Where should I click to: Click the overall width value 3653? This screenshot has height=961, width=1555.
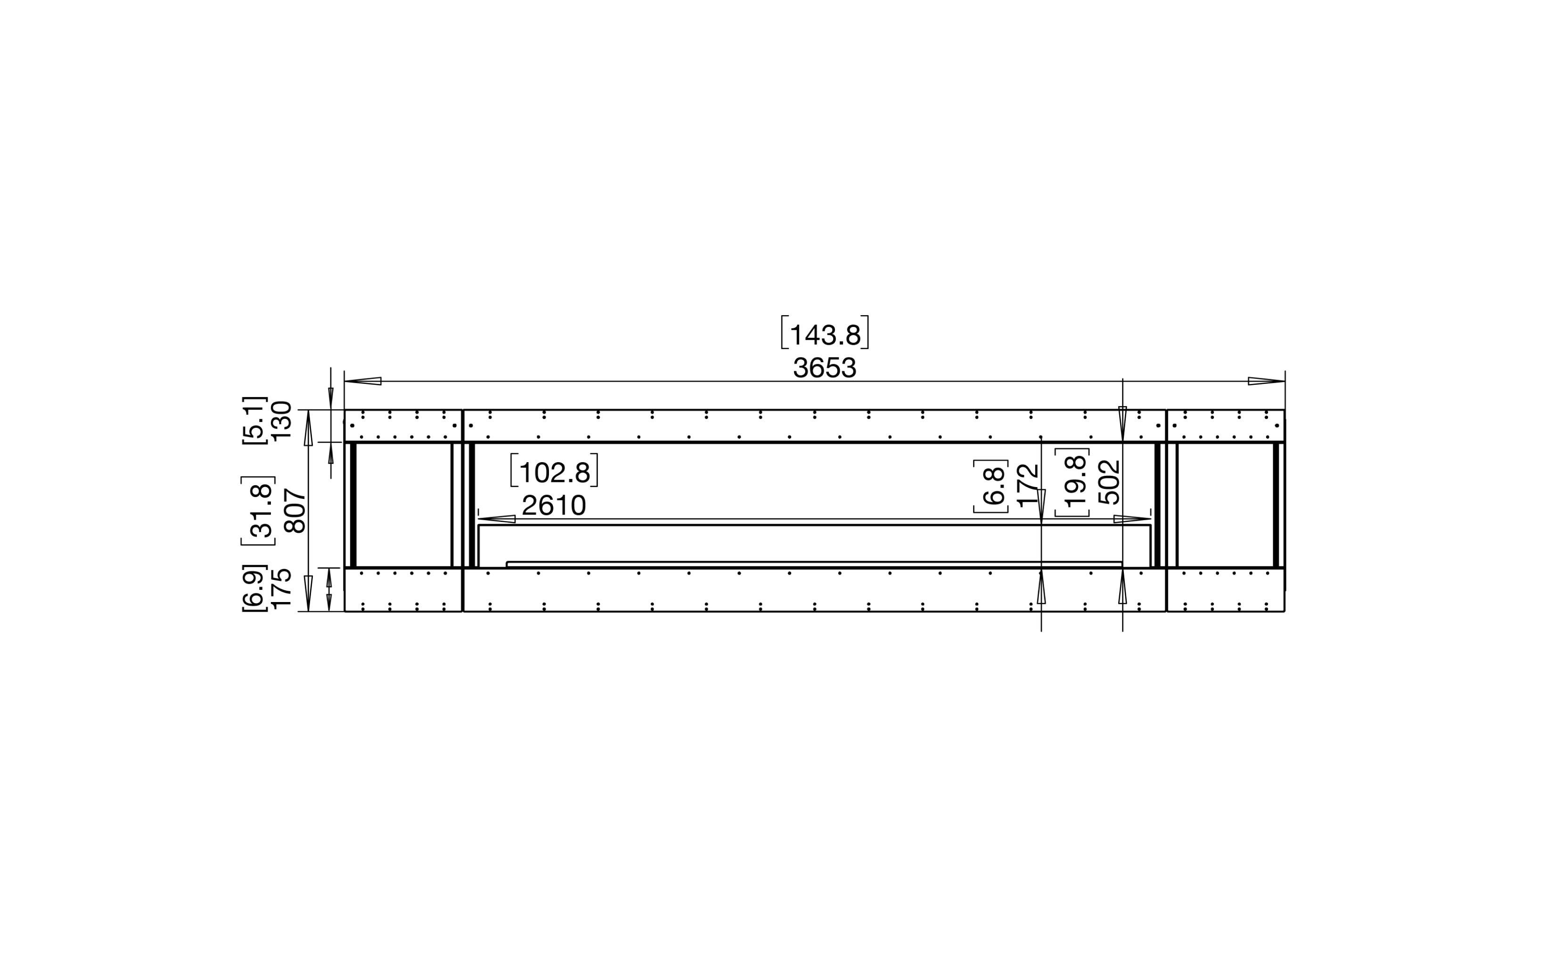tap(825, 367)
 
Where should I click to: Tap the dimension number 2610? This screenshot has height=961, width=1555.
tap(553, 506)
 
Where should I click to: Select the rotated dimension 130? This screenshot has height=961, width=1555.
tap(281, 420)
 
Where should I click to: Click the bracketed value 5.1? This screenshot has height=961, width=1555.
tap(254, 420)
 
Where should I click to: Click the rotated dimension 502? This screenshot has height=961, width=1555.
tap(1109, 482)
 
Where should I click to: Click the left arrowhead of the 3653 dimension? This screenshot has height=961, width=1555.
tap(362, 382)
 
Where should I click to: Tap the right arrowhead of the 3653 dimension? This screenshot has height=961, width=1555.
tap(1266, 382)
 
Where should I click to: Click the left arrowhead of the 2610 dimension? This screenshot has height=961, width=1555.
tap(497, 519)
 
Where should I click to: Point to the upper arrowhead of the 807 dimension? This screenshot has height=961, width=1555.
tap(308, 427)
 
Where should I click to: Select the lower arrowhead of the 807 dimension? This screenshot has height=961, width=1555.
tap(308, 593)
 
